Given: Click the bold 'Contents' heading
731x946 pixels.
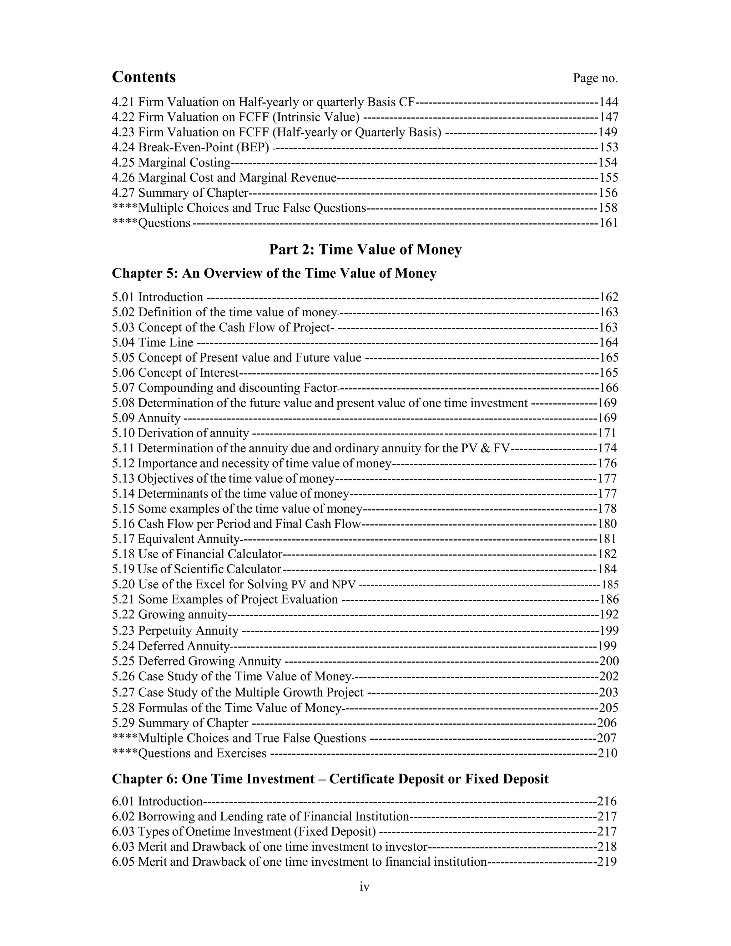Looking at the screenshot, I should pos(144,77).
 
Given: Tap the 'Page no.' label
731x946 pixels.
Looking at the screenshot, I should pos(595,79).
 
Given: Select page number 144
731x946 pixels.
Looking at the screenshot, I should pos(609,102).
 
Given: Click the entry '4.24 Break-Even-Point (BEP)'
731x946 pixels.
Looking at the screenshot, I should pos(191,148).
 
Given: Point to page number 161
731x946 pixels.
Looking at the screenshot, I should pos(609,223).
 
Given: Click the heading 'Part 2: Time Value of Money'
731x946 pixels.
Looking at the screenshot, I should pos(365,250).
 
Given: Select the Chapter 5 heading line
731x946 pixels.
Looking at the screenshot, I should pos(274,274).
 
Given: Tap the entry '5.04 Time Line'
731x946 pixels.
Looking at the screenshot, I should pos(152,343).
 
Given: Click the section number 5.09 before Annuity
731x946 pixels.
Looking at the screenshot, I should pos(123,418).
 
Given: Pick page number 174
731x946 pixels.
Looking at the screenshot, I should pos(607,448).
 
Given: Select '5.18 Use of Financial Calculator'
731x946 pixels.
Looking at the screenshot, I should pos(197,554).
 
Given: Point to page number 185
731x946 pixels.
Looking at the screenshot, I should pos(610,585).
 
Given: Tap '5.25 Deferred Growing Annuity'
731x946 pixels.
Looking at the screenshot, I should pos(197,661).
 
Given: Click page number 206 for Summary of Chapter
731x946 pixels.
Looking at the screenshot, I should pos(607,723).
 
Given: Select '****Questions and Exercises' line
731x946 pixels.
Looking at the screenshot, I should pos(189,753).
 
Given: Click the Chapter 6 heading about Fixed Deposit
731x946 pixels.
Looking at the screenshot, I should pos(330,779).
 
